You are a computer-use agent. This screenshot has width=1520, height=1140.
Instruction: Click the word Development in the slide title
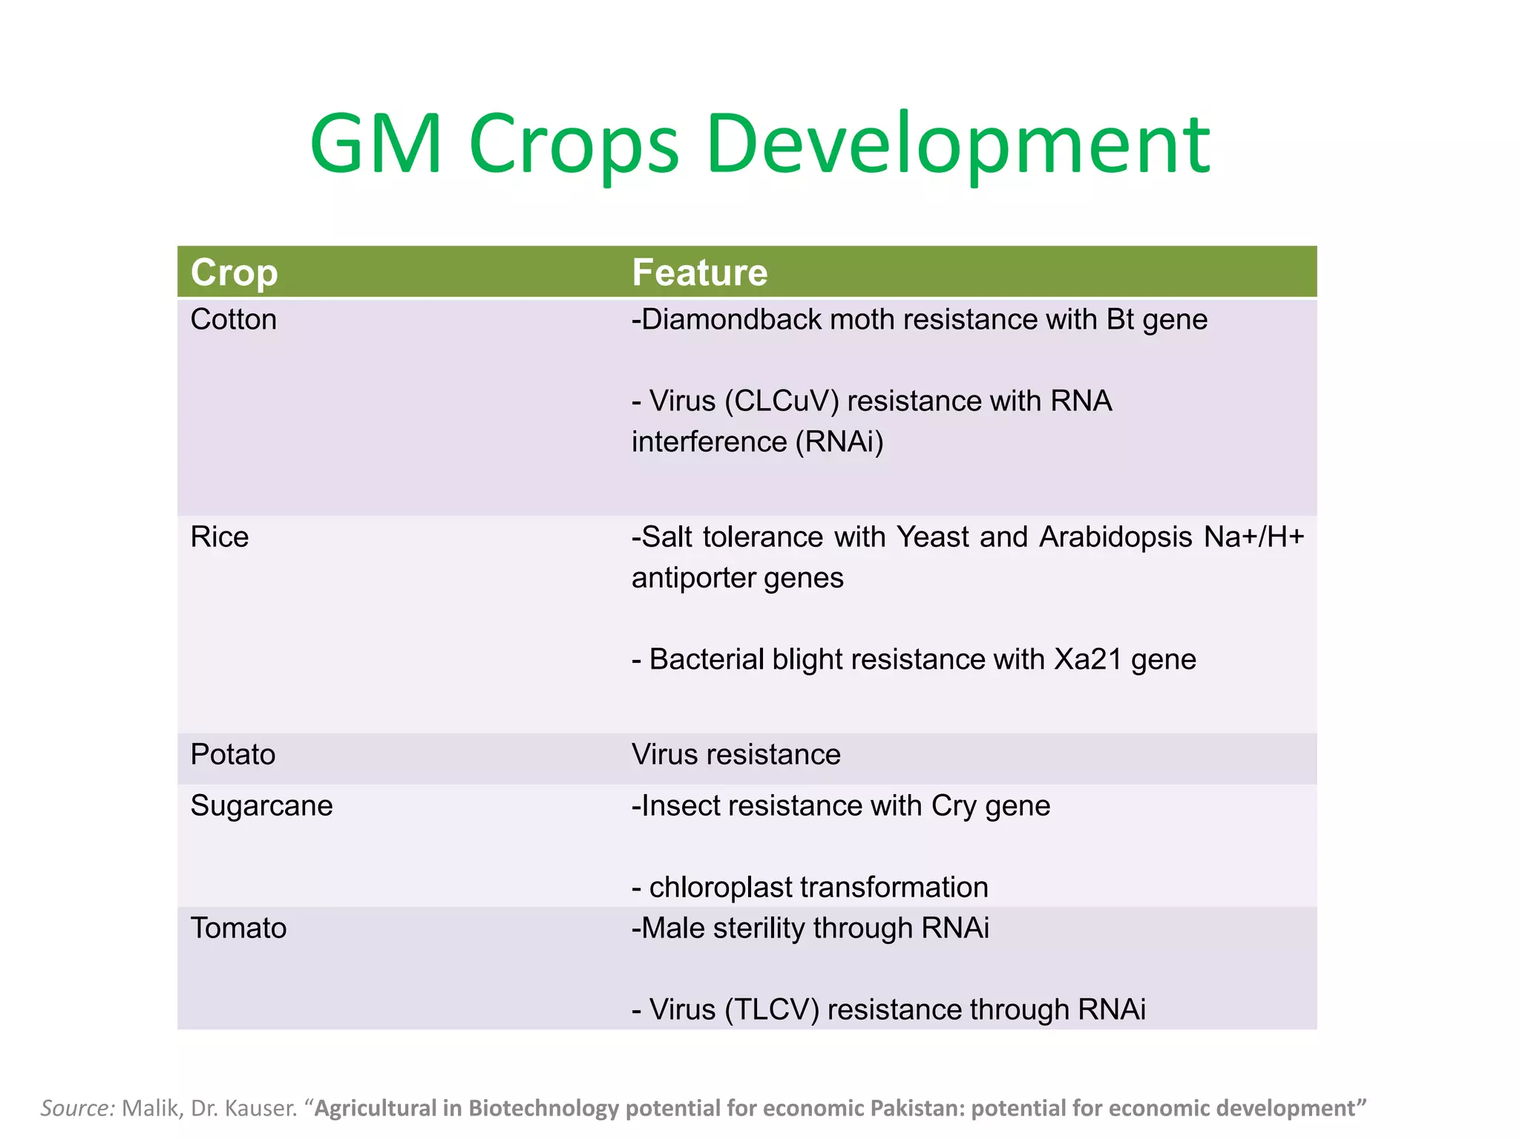coord(957,145)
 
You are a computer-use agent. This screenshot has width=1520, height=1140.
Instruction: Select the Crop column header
coord(234,272)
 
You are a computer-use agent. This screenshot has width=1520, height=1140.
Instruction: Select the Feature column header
coord(699,272)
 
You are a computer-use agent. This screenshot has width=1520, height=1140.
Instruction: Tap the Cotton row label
coord(233,320)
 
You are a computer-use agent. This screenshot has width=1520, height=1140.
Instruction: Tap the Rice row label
coord(219,537)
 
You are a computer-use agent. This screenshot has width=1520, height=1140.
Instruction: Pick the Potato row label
coord(232,755)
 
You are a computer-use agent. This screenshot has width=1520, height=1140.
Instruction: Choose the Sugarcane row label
coord(261,806)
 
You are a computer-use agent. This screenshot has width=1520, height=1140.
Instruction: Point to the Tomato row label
coord(238,928)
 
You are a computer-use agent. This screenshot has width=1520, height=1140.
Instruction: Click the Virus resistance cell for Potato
coord(736,755)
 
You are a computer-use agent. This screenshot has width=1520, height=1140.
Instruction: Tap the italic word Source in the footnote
coord(76,1108)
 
